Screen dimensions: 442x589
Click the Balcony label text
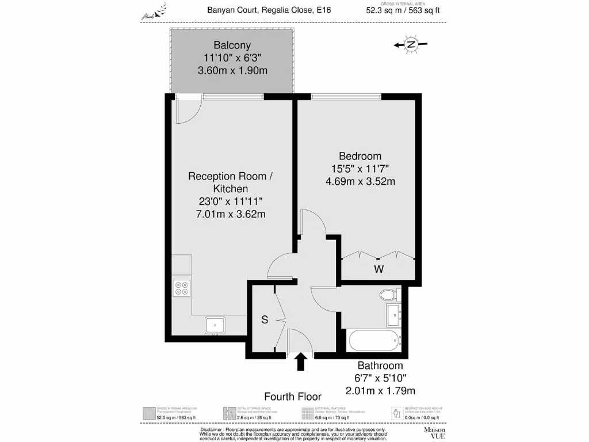point(232,45)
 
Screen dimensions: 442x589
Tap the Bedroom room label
point(360,156)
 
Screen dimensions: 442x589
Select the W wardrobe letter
point(378,269)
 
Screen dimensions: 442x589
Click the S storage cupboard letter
point(265,321)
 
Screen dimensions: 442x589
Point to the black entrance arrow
point(300,363)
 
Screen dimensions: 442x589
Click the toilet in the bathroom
point(389,296)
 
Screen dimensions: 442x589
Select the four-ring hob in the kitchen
point(182,288)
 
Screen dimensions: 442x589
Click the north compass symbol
point(411,45)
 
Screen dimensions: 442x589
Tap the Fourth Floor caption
point(292,396)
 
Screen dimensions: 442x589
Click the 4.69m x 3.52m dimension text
point(360,181)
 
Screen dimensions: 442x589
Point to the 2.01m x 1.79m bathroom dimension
point(380,391)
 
